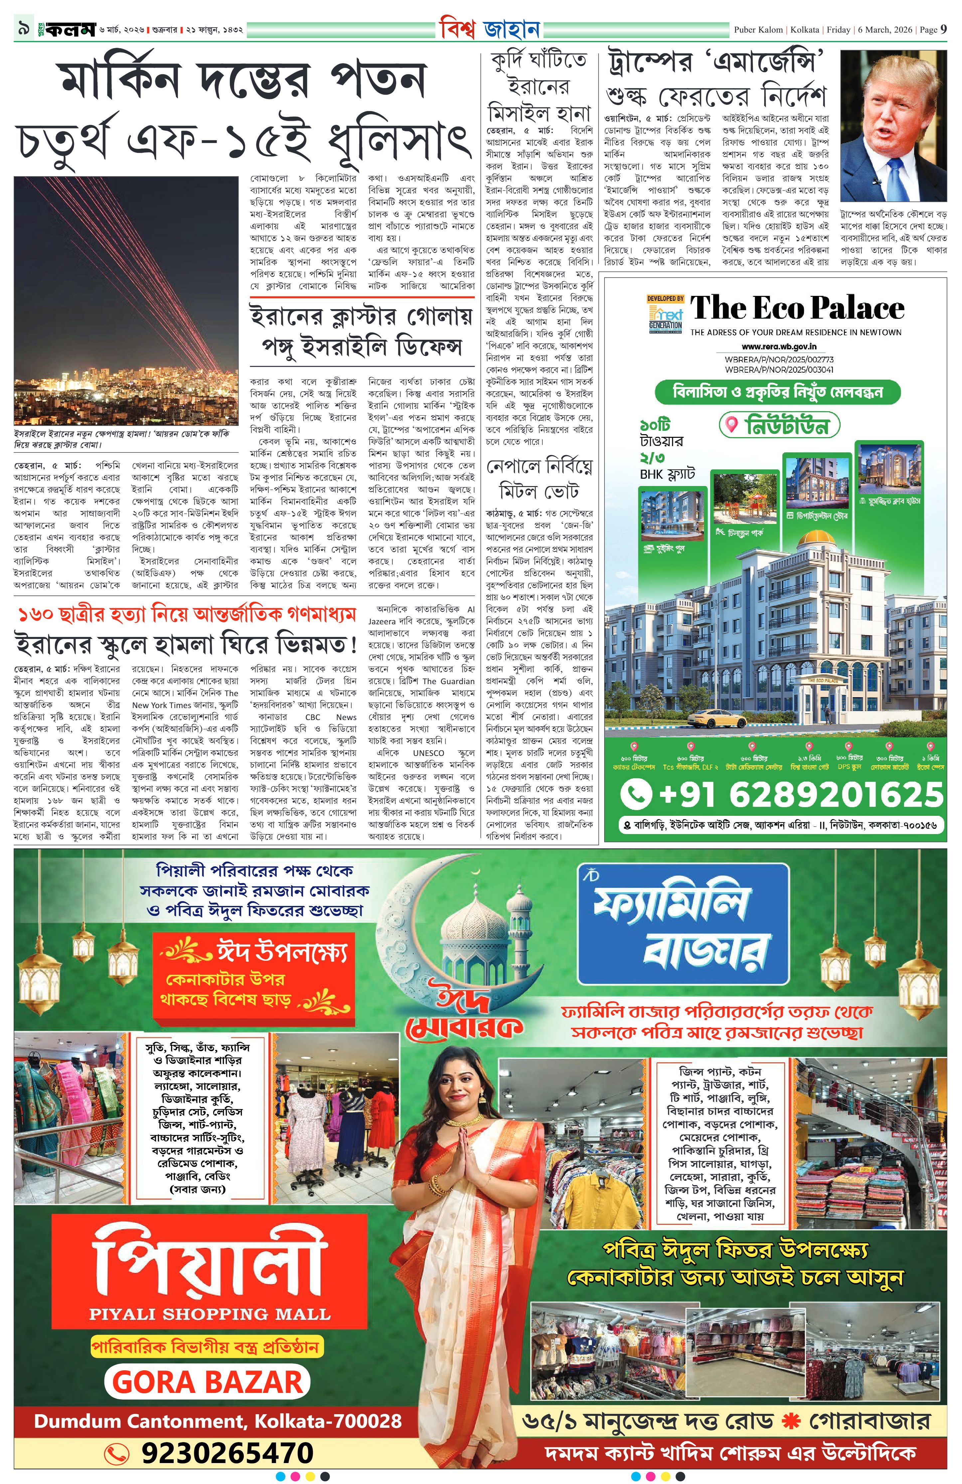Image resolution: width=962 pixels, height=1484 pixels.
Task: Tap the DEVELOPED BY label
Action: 665,299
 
